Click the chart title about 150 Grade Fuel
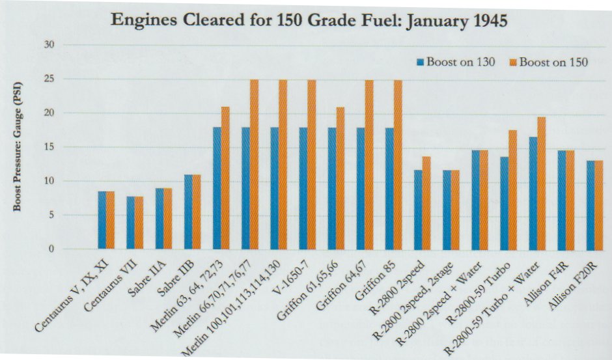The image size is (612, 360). pos(309,20)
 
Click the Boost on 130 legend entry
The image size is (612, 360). pos(456,62)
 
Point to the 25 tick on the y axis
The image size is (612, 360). pos(48,79)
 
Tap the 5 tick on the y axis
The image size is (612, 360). pos(51,215)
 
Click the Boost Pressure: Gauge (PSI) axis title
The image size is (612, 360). pos(20,146)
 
